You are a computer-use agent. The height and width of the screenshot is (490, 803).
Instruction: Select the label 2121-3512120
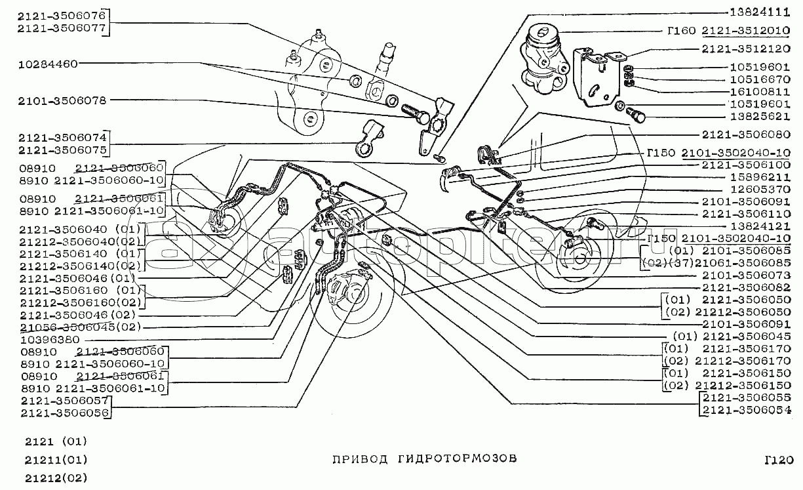coord(745,49)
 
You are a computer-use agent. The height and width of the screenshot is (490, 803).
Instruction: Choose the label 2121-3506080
coord(745,135)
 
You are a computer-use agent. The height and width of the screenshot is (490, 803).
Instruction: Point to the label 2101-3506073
coord(745,275)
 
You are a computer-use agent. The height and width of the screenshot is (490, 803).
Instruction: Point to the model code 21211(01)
coord(54,459)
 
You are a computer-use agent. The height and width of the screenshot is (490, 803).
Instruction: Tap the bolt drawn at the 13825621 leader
coord(637,116)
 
